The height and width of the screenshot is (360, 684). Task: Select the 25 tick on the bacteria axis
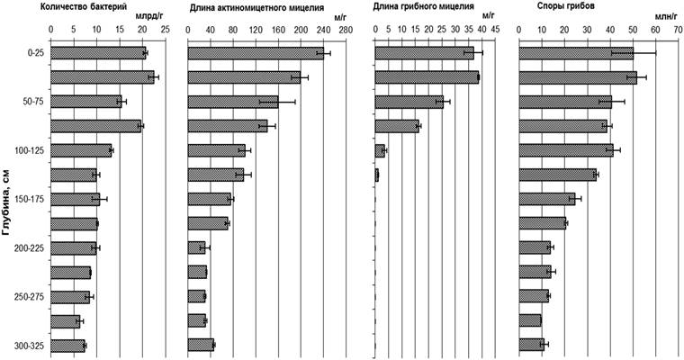164,30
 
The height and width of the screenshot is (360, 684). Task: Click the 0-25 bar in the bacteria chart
97,53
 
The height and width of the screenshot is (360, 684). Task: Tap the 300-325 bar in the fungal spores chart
532,345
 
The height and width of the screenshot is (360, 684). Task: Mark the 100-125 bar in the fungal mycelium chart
379,150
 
